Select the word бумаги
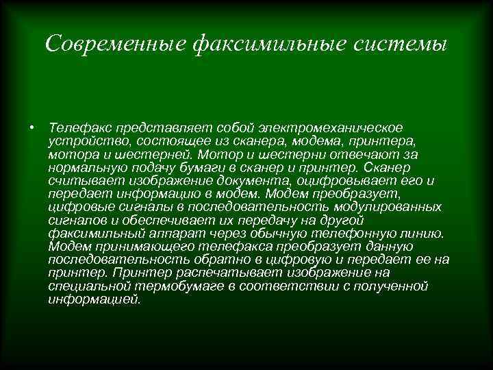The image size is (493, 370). point(194,167)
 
